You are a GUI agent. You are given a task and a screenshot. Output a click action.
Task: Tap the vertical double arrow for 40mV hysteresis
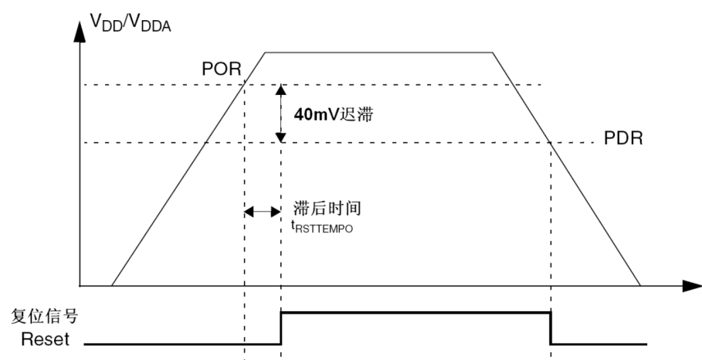281,113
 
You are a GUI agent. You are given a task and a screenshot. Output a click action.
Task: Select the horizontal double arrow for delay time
262,211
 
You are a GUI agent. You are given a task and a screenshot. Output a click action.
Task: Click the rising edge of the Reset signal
281,328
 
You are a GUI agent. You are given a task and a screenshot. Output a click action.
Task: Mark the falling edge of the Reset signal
551,328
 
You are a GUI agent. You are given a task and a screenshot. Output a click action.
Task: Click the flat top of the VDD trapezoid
378,52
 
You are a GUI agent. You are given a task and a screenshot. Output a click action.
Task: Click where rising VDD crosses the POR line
244,85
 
